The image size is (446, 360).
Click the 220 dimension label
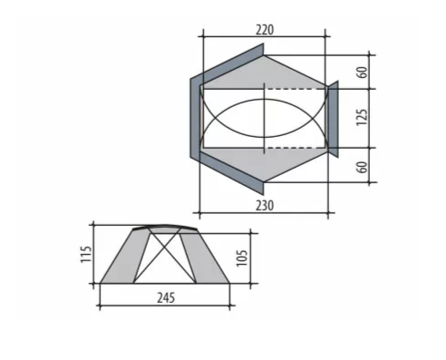point(265,30)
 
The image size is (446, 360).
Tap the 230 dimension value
point(265,206)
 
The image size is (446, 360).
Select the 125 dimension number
point(363,118)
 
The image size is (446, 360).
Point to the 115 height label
point(86,255)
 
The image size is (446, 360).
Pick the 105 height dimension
point(242,258)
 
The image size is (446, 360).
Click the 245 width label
point(166,298)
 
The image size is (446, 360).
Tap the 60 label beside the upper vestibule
point(363,72)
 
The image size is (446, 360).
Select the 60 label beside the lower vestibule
point(363,167)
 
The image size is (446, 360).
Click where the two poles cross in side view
point(165,248)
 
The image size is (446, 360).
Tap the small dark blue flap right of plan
point(333,119)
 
